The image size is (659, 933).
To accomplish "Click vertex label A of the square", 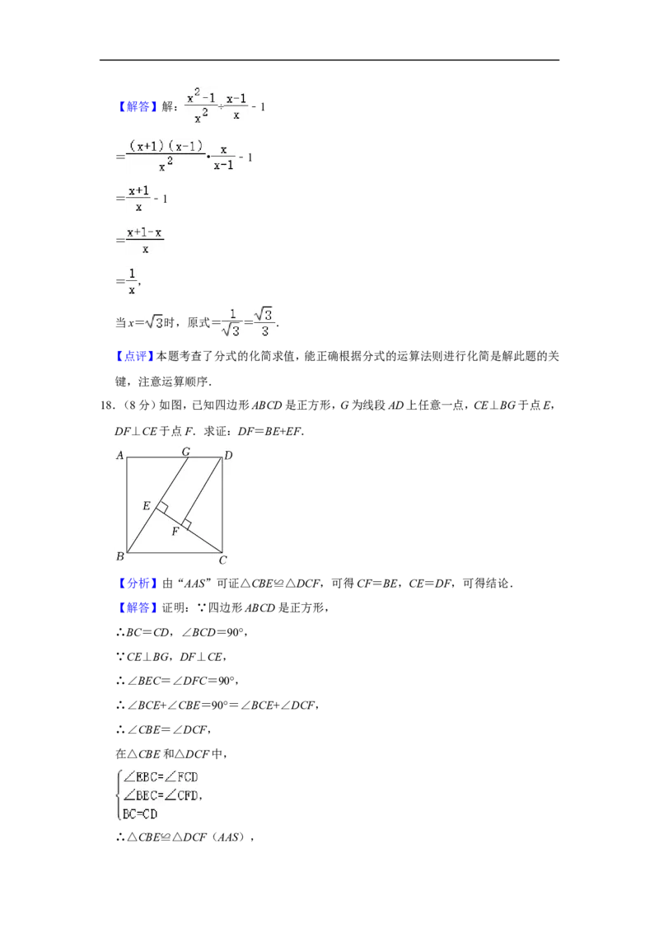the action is point(120,455).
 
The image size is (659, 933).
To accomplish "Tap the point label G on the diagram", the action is point(185,452).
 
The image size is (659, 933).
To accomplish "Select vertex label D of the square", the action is point(228,455).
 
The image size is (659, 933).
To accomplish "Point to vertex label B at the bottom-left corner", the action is point(120,556).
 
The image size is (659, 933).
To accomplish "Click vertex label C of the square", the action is point(223,560).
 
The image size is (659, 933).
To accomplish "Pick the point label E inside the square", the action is point(147,506).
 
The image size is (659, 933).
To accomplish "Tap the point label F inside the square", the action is point(175,532).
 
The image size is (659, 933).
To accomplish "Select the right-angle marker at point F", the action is point(186,524).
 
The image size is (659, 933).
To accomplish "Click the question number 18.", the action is point(107,406).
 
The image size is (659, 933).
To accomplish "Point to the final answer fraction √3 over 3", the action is point(264,321).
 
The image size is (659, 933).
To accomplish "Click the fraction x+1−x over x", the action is point(144,240).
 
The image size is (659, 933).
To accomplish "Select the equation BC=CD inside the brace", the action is point(140,813).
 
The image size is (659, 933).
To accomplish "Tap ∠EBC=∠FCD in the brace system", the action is point(160,776).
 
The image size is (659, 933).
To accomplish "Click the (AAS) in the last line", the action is point(229,837).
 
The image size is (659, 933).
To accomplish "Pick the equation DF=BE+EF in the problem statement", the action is point(270,431).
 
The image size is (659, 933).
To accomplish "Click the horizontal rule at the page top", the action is point(329,60).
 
